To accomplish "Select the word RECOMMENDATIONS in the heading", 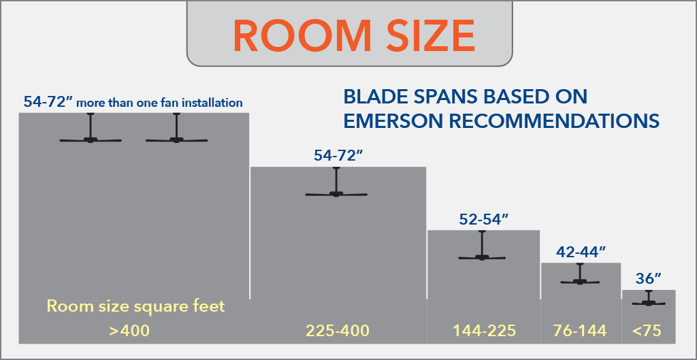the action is click(550, 121).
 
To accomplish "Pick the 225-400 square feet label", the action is click(338, 331).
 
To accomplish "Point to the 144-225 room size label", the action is click(484, 331).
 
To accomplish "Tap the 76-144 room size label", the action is click(580, 331).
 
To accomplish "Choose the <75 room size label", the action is click(648, 331).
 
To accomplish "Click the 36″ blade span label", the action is click(649, 278).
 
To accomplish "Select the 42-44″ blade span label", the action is click(581, 252).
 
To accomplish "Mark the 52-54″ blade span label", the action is click(484, 219).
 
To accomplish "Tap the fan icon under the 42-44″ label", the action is click(580, 274).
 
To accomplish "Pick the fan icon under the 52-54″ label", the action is click(483, 246).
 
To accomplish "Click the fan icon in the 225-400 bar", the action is click(336, 182).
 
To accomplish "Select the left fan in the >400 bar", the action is click(91, 128).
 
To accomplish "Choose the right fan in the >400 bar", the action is click(176, 128).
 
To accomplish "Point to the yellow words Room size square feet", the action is click(135, 307).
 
